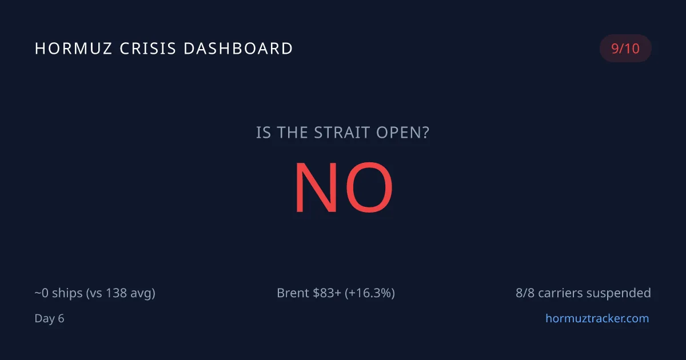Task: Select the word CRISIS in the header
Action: [148, 49]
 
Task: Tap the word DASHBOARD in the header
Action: [238, 49]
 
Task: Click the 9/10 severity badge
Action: [625, 49]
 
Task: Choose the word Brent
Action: [293, 293]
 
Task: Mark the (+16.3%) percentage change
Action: [370, 293]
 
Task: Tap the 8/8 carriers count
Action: [524, 293]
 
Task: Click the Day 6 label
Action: [49, 318]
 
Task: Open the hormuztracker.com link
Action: [597, 318]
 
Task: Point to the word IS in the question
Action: [264, 133]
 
